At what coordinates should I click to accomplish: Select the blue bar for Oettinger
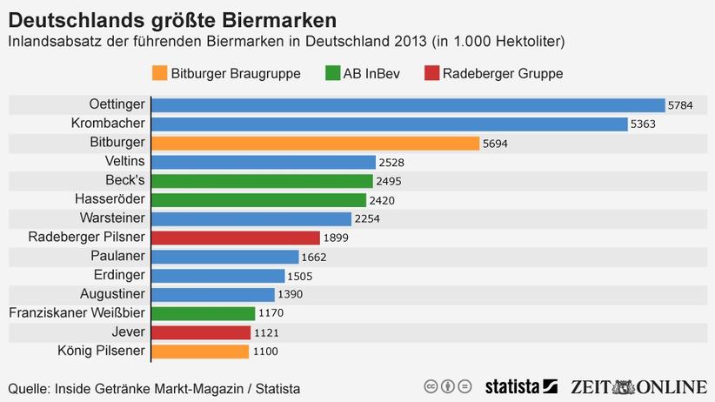click(x=407, y=104)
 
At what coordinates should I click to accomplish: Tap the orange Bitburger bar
click(x=315, y=143)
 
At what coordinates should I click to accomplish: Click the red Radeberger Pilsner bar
click(x=235, y=238)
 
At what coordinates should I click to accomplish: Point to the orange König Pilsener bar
click(x=200, y=352)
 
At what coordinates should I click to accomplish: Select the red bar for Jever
click(x=201, y=332)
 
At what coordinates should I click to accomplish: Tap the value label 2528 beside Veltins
click(x=391, y=162)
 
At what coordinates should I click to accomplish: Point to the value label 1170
click(x=271, y=313)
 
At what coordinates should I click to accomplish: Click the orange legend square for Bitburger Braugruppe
click(x=158, y=73)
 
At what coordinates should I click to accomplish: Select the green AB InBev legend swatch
click(x=331, y=73)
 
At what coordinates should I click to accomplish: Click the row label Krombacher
click(x=108, y=124)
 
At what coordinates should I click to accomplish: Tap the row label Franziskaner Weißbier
click(x=77, y=313)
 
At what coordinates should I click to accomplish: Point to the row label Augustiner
click(x=112, y=294)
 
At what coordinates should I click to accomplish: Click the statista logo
click(x=520, y=386)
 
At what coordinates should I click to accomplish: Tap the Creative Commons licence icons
click(x=448, y=386)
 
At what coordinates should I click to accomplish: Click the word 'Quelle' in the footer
click(x=29, y=387)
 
